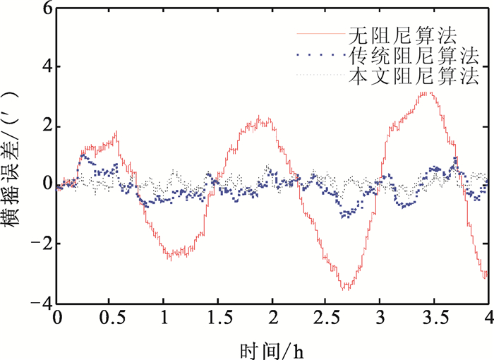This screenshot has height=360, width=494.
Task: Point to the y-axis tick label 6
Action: tap(44, 8)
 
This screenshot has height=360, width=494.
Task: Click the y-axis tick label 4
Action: tap(44, 67)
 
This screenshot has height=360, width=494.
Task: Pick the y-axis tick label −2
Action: tap(40, 244)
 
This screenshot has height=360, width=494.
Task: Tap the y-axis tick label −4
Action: tap(40, 302)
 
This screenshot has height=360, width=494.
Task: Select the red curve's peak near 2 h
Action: tap(260, 118)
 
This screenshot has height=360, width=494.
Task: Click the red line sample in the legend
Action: tap(318, 34)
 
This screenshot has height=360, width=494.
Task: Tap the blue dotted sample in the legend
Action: tap(318, 54)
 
